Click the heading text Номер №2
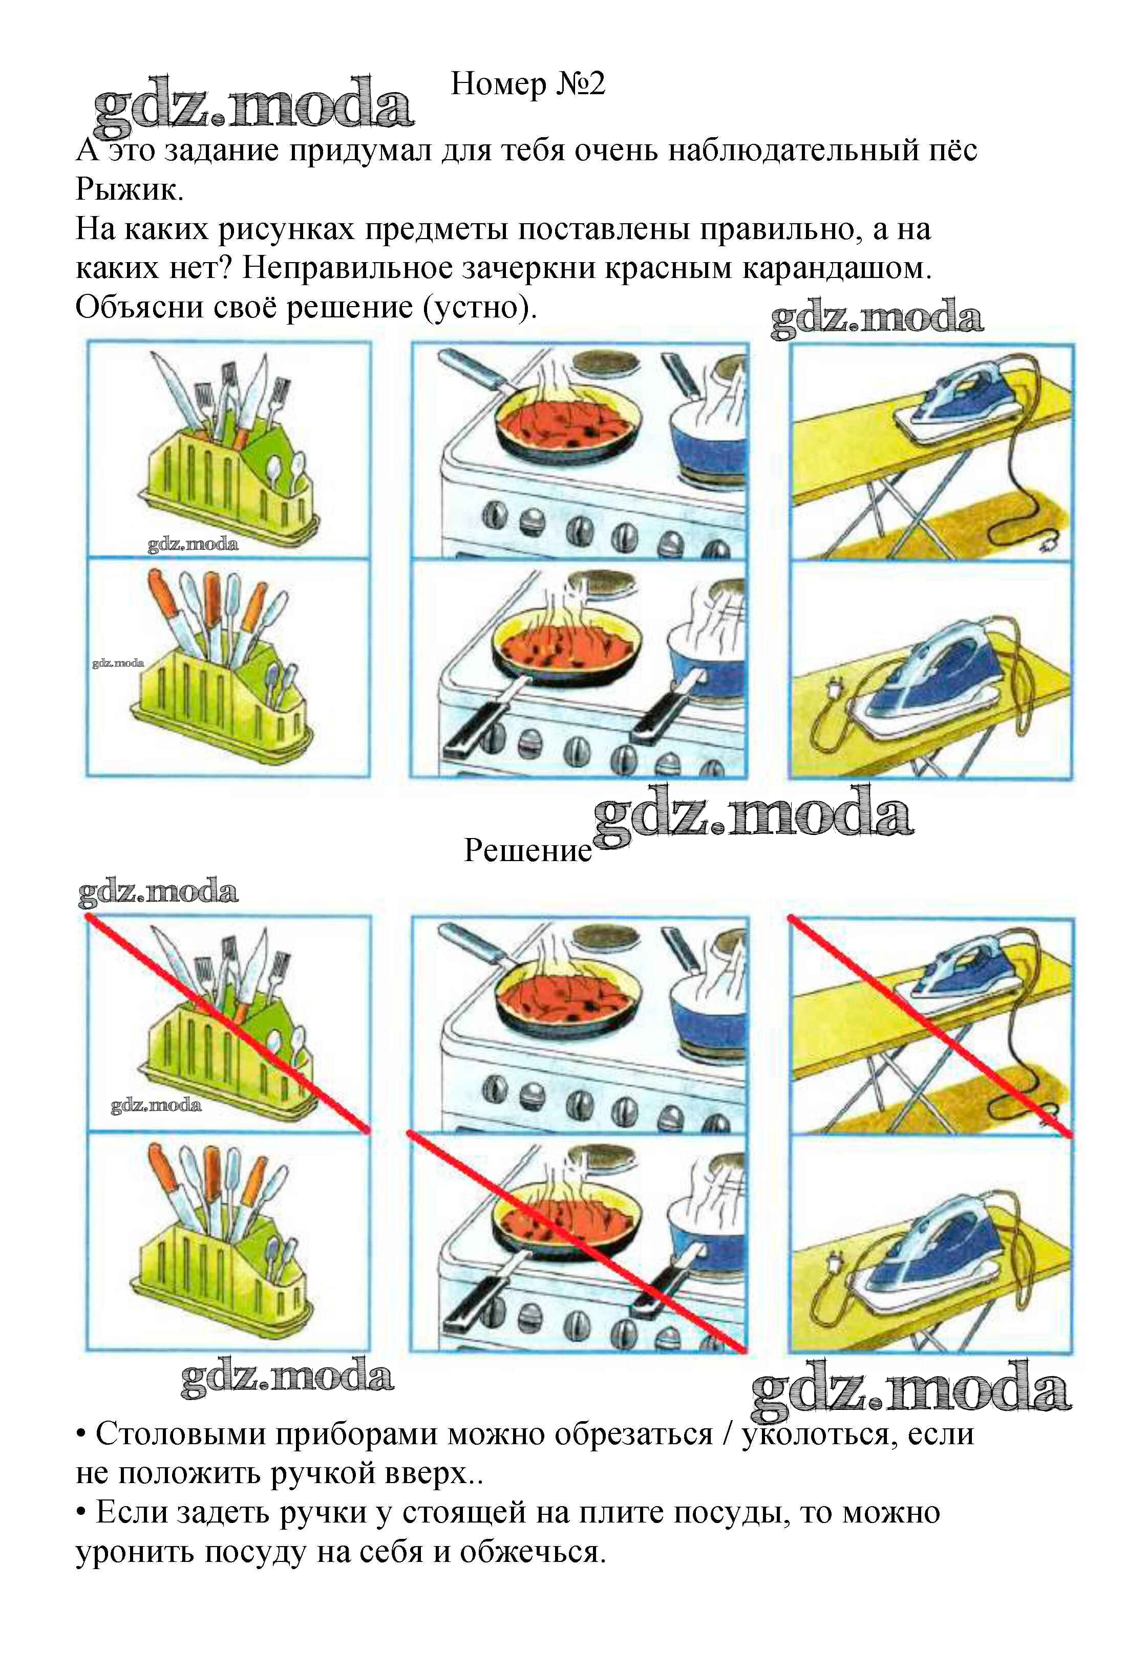click(527, 84)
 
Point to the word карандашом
click(832, 268)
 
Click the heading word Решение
click(527, 850)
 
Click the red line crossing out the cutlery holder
click(228, 1024)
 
